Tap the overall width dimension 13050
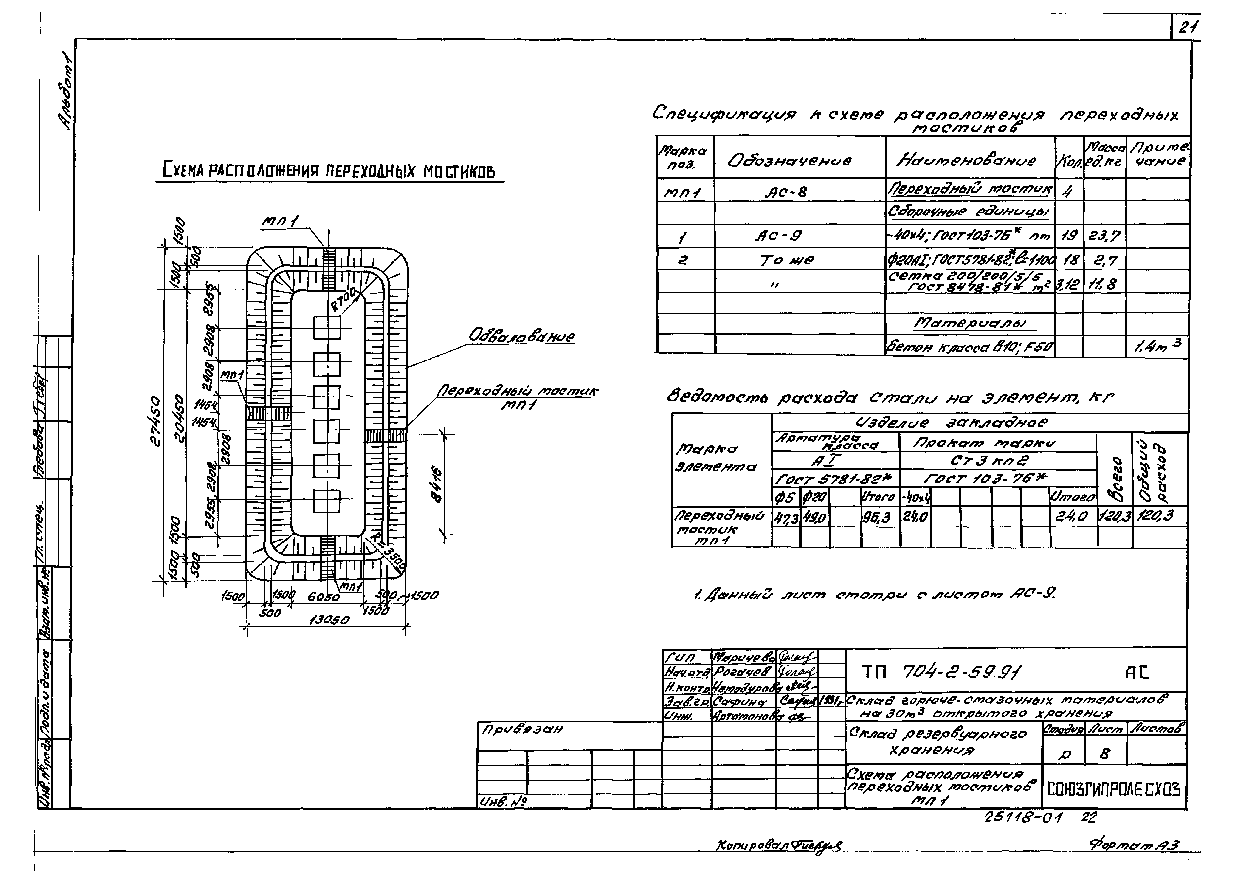329,620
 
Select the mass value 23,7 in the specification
1104,236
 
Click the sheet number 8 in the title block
1105,754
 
